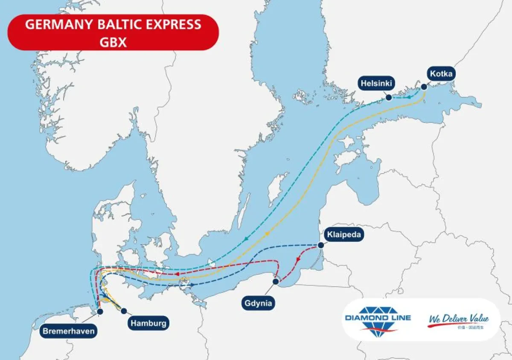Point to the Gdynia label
click(x=258, y=303)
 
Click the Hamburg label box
click(x=148, y=323)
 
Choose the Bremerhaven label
click(x=68, y=331)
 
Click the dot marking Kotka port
click(x=424, y=87)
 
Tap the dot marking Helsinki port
click(x=389, y=98)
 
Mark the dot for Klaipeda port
click(x=321, y=245)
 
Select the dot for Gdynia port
click(x=276, y=282)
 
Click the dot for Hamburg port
click(x=124, y=311)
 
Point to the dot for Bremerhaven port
click(x=100, y=312)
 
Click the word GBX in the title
click(x=113, y=43)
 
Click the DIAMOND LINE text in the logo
click(x=378, y=318)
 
